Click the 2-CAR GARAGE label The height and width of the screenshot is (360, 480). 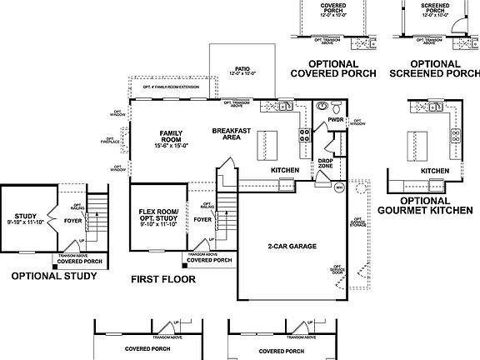[292, 247]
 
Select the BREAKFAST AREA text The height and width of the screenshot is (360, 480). [227, 134]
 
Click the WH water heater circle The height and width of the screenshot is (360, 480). [339, 188]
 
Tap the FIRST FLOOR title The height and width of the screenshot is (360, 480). [162, 280]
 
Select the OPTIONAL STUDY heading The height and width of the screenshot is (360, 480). [47, 276]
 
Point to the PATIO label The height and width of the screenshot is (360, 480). [242, 71]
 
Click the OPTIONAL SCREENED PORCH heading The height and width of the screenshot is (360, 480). [434, 68]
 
